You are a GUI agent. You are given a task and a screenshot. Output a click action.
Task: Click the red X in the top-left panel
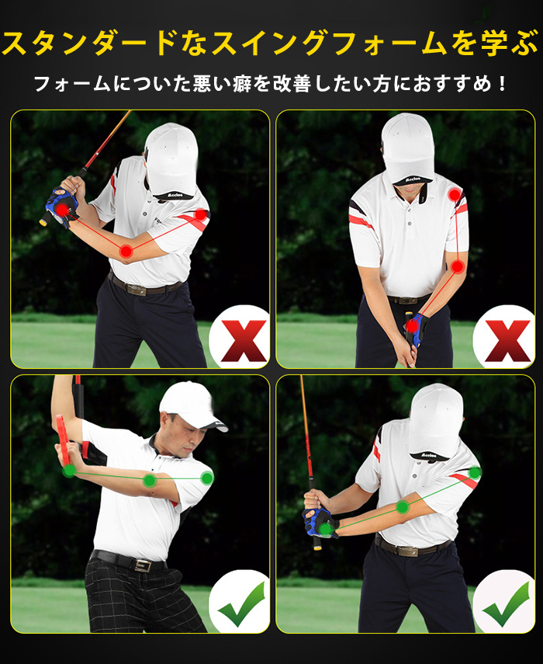coord(244,341)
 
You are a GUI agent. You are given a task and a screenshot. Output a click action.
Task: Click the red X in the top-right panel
coord(508,341)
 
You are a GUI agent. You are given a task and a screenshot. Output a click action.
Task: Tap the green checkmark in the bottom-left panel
coord(242,603)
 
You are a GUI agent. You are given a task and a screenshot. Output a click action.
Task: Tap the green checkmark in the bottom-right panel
coord(507,603)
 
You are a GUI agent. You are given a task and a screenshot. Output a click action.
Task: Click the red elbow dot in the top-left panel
coord(126,251)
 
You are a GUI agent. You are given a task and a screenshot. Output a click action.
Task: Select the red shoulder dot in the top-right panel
coord(455,195)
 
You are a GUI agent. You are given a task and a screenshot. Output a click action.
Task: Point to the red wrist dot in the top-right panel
coord(411,326)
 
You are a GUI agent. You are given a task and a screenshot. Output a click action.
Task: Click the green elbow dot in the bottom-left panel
coord(150,481)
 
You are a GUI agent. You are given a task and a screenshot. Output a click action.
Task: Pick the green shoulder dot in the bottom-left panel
coord(207,478)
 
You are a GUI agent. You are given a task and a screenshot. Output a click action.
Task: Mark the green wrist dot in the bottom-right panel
coord(325,529)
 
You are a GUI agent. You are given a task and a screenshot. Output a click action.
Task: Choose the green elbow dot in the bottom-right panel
coord(402,506)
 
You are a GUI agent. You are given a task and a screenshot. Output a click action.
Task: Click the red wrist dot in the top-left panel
coord(63,209)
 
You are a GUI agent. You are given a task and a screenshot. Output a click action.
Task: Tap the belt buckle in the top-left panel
coord(137,290)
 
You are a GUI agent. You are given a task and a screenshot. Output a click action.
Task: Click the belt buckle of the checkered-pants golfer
coord(142,565)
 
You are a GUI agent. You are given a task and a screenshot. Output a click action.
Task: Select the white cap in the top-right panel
coord(408,148)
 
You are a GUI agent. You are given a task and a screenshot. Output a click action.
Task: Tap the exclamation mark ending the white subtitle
coord(502,83)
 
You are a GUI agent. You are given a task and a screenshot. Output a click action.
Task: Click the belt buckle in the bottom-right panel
coord(407,550)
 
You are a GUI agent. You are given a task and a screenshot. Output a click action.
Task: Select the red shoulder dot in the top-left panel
coord(200,214)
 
